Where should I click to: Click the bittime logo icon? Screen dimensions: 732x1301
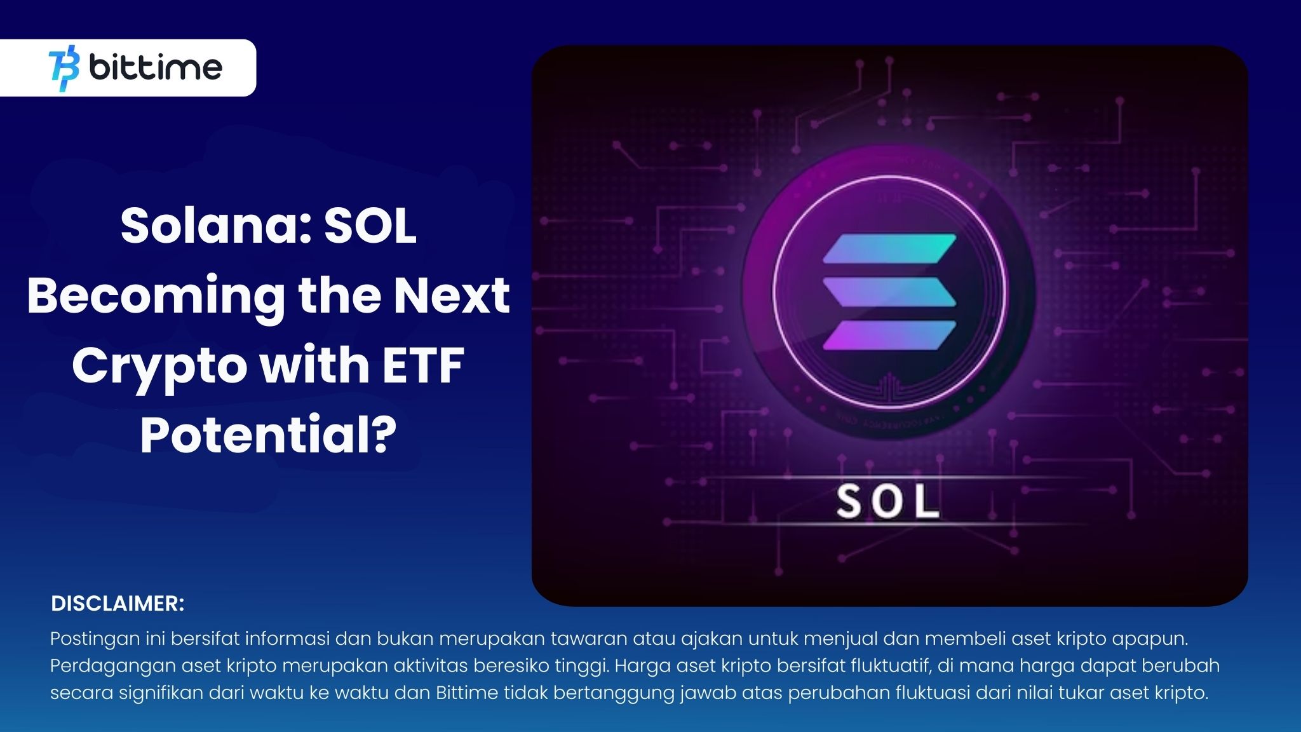(64, 68)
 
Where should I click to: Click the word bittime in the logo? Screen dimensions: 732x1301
(156, 67)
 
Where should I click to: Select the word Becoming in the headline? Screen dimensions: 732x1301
(156, 295)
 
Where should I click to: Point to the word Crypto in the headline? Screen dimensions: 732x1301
(159, 367)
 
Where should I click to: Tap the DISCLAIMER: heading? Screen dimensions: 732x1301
(118, 604)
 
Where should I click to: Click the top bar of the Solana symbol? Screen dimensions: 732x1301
(889, 248)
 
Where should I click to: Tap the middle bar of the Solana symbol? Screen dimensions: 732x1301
(889, 292)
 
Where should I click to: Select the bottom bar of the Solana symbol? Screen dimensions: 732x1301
(889, 335)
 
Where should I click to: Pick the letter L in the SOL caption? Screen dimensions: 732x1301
(927, 502)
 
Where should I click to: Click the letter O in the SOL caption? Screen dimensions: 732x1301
(887, 502)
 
